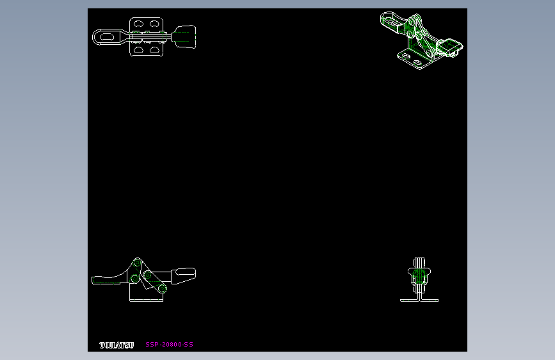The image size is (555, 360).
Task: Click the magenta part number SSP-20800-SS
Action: pos(169,345)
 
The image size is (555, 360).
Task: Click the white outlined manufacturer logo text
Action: pos(117,345)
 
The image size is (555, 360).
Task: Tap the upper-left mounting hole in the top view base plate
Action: pos(138,25)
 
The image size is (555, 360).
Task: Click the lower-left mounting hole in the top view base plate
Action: pos(138,49)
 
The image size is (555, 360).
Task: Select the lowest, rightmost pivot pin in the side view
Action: pos(163,288)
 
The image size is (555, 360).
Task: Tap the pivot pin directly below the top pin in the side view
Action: pos(134,279)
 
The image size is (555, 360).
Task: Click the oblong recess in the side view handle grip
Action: pos(184,275)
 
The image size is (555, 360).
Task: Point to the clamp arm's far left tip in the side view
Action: pos(94,280)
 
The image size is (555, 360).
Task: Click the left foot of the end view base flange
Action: pos(405,300)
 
